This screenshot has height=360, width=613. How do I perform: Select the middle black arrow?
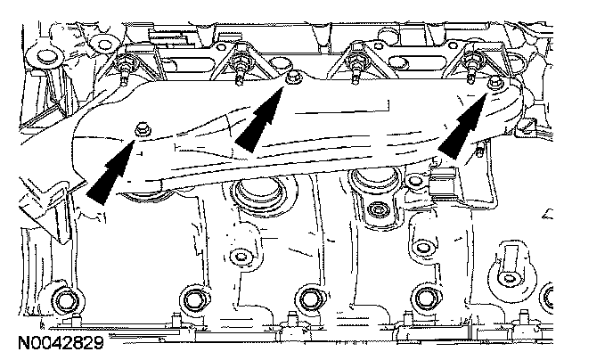pos(257,122)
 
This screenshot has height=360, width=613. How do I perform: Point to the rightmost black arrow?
pos(465,127)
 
